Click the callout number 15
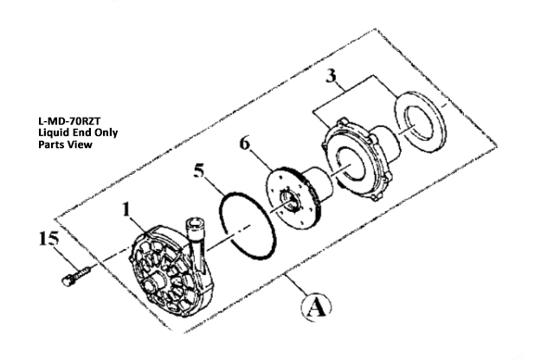pos(48,238)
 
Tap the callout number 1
pos(126,209)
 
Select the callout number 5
pos(199,170)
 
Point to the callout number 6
pos(244,143)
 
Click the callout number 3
pos(331,76)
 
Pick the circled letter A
pos(316,307)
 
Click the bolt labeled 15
pos(75,276)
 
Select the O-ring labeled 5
pos(248,226)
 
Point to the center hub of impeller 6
pos(290,202)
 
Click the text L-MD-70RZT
pos(69,121)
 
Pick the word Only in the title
pos(106,132)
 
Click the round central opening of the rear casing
pos(350,163)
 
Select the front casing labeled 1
pos(171,270)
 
